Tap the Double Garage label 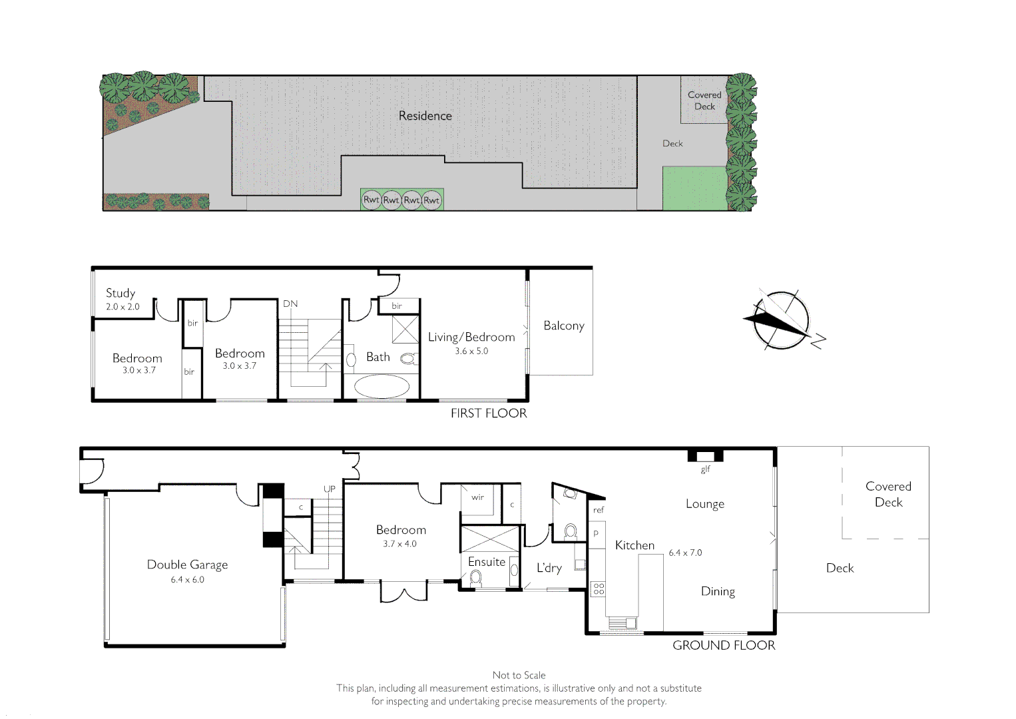[x=187, y=565]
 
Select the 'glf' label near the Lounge [x=705, y=469]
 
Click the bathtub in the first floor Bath [x=381, y=386]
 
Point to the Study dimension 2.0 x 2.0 [x=123, y=307]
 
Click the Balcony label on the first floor [x=563, y=326]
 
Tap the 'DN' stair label [x=290, y=304]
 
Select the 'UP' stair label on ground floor [x=330, y=489]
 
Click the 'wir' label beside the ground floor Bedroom [x=477, y=497]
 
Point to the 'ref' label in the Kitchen [x=598, y=510]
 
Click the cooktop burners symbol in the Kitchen [x=599, y=589]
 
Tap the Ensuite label [x=486, y=562]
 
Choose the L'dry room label [x=549, y=568]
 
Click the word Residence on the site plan [x=425, y=116]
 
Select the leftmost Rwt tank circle [x=371, y=199]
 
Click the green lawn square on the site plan [x=694, y=188]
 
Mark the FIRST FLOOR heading [x=488, y=413]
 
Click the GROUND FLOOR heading [x=723, y=645]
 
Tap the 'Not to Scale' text [x=519, y=675]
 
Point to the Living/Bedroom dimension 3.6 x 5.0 [x=471, y=351]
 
